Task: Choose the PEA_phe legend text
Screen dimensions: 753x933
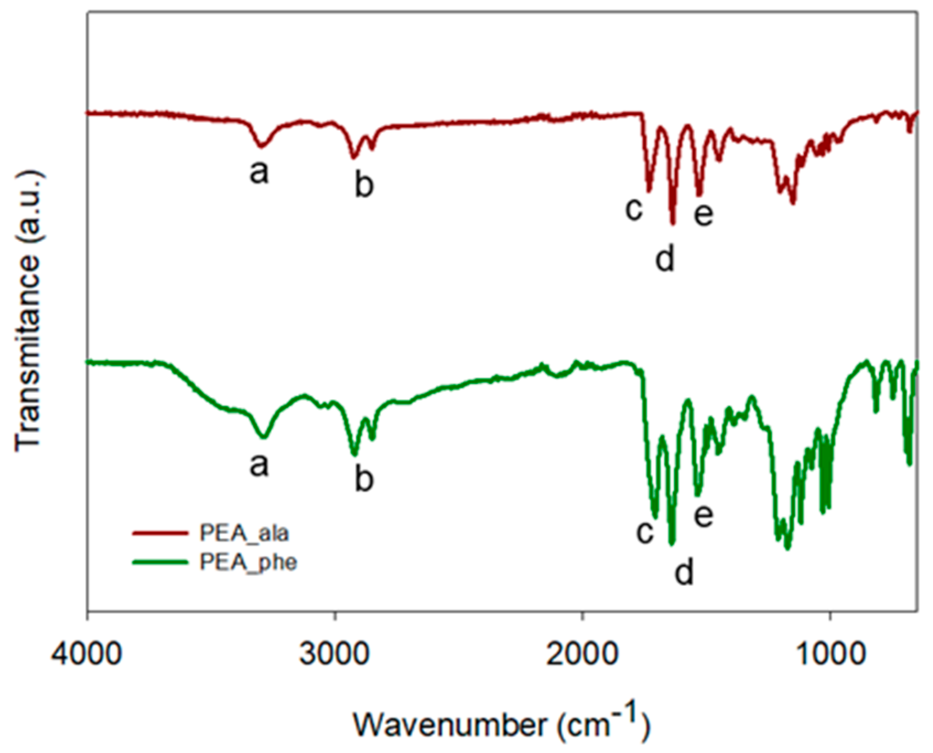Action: [x=248, y=563]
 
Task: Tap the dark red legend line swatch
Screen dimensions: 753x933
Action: [x=160, y=533]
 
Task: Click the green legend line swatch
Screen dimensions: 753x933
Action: [x=160, y=562]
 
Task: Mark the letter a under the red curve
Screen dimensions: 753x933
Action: [x=259, y=172]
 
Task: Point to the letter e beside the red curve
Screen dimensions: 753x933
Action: [x=703, y=214]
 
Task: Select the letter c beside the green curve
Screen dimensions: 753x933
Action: [x=645, y=532]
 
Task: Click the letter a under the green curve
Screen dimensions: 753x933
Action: [x=259, y=464]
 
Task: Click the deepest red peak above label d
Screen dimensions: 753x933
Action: [x=672, y=223]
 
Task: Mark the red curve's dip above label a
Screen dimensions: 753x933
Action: [x=262, y=146]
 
